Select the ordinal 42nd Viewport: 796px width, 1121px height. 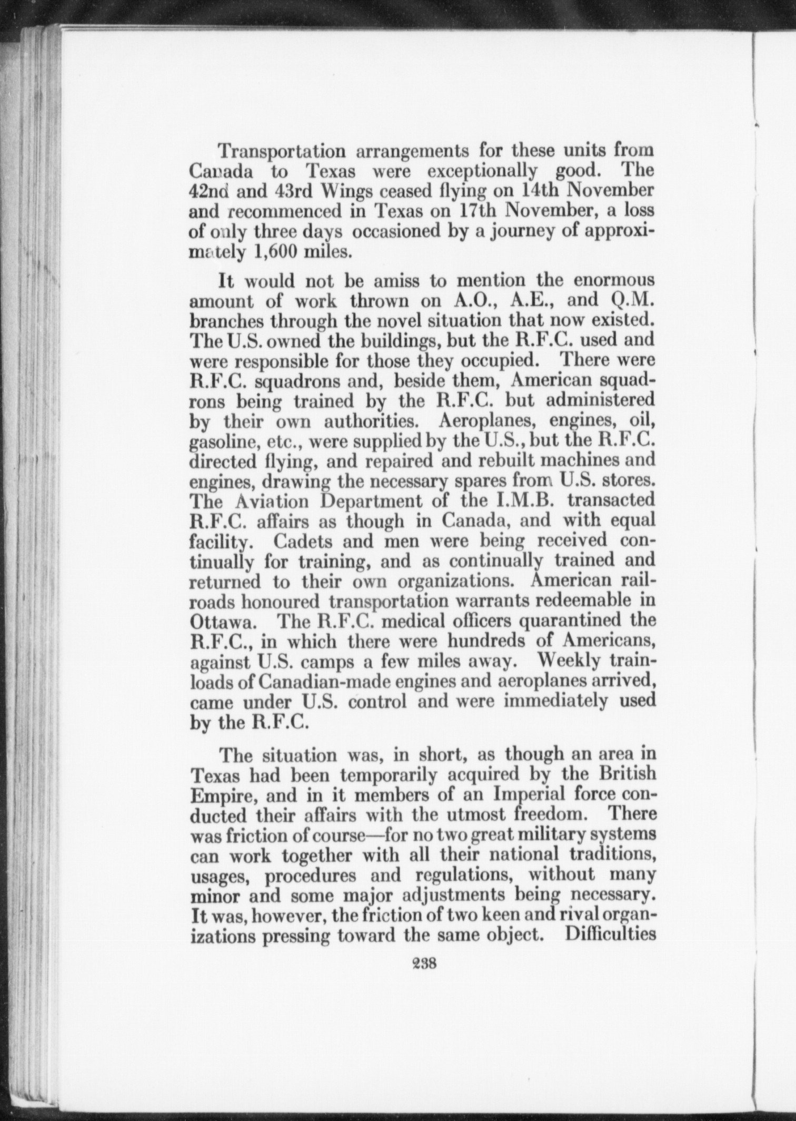pos(208,191)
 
